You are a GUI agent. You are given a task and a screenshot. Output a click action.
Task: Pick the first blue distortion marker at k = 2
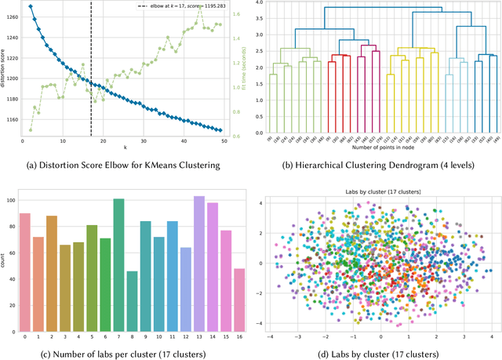tap(30, 6)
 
